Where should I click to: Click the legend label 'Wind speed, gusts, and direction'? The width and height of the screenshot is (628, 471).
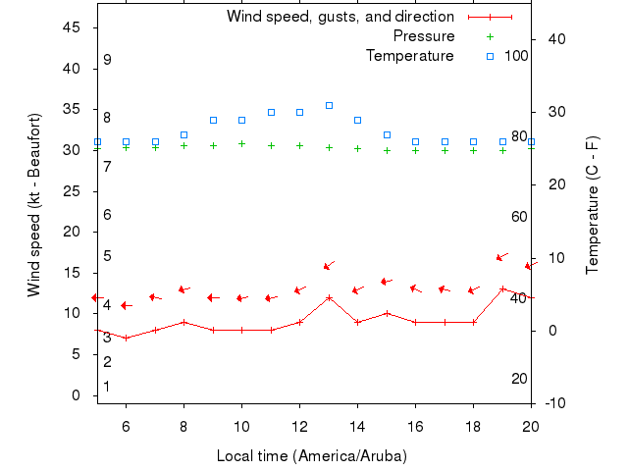click(340, 17)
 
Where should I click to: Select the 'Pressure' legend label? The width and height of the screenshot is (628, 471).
click(424, 36)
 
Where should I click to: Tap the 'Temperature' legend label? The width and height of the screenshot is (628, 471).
click(410, 56)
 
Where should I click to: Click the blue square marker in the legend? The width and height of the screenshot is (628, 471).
click(491, 56)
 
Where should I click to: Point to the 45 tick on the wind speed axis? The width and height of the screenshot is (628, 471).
click(72, 27)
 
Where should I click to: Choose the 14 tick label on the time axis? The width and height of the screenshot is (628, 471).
click(357, 426)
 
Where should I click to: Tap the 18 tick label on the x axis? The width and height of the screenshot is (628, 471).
click(473, 426)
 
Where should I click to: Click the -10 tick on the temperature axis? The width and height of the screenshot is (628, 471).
click(554, 403)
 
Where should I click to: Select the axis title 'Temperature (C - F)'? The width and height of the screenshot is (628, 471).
click(593, 204)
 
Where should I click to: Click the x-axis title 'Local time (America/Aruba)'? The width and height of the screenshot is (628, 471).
click(311, 456)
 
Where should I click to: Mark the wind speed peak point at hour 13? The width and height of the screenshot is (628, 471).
click(329, 297)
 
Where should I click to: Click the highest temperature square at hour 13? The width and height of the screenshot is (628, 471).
click(329, 105)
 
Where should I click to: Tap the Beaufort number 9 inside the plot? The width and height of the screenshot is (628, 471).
click(107, 60)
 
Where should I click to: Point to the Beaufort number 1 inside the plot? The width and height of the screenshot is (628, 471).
click(107, 387)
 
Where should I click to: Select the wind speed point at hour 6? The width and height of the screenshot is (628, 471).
click(126, 339)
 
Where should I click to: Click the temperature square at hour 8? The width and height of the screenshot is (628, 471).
click(183, 134)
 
